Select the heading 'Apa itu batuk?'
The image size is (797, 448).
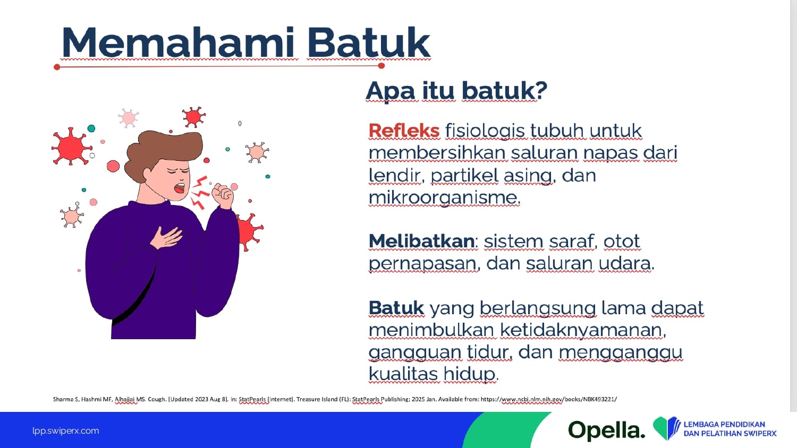[x=456, y=91]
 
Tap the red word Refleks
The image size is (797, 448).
[x=404, y=131]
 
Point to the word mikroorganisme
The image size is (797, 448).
[x=444, y=197]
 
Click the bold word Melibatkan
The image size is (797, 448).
[x=422, y=242]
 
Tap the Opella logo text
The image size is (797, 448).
[x=606, y=430]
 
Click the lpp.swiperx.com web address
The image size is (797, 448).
[x=66, y=431]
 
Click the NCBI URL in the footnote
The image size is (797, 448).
[x=549, y=399]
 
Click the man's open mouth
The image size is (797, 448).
[x=180, y=188]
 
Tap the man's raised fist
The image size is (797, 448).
[x=223, y=196]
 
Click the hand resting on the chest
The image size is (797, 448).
[x=166, y=237]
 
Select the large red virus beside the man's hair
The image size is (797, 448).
[x=71, y=147]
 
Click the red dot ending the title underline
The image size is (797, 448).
[x=381, y=66]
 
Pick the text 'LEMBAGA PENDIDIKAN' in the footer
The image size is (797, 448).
[x=724, y=424]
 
